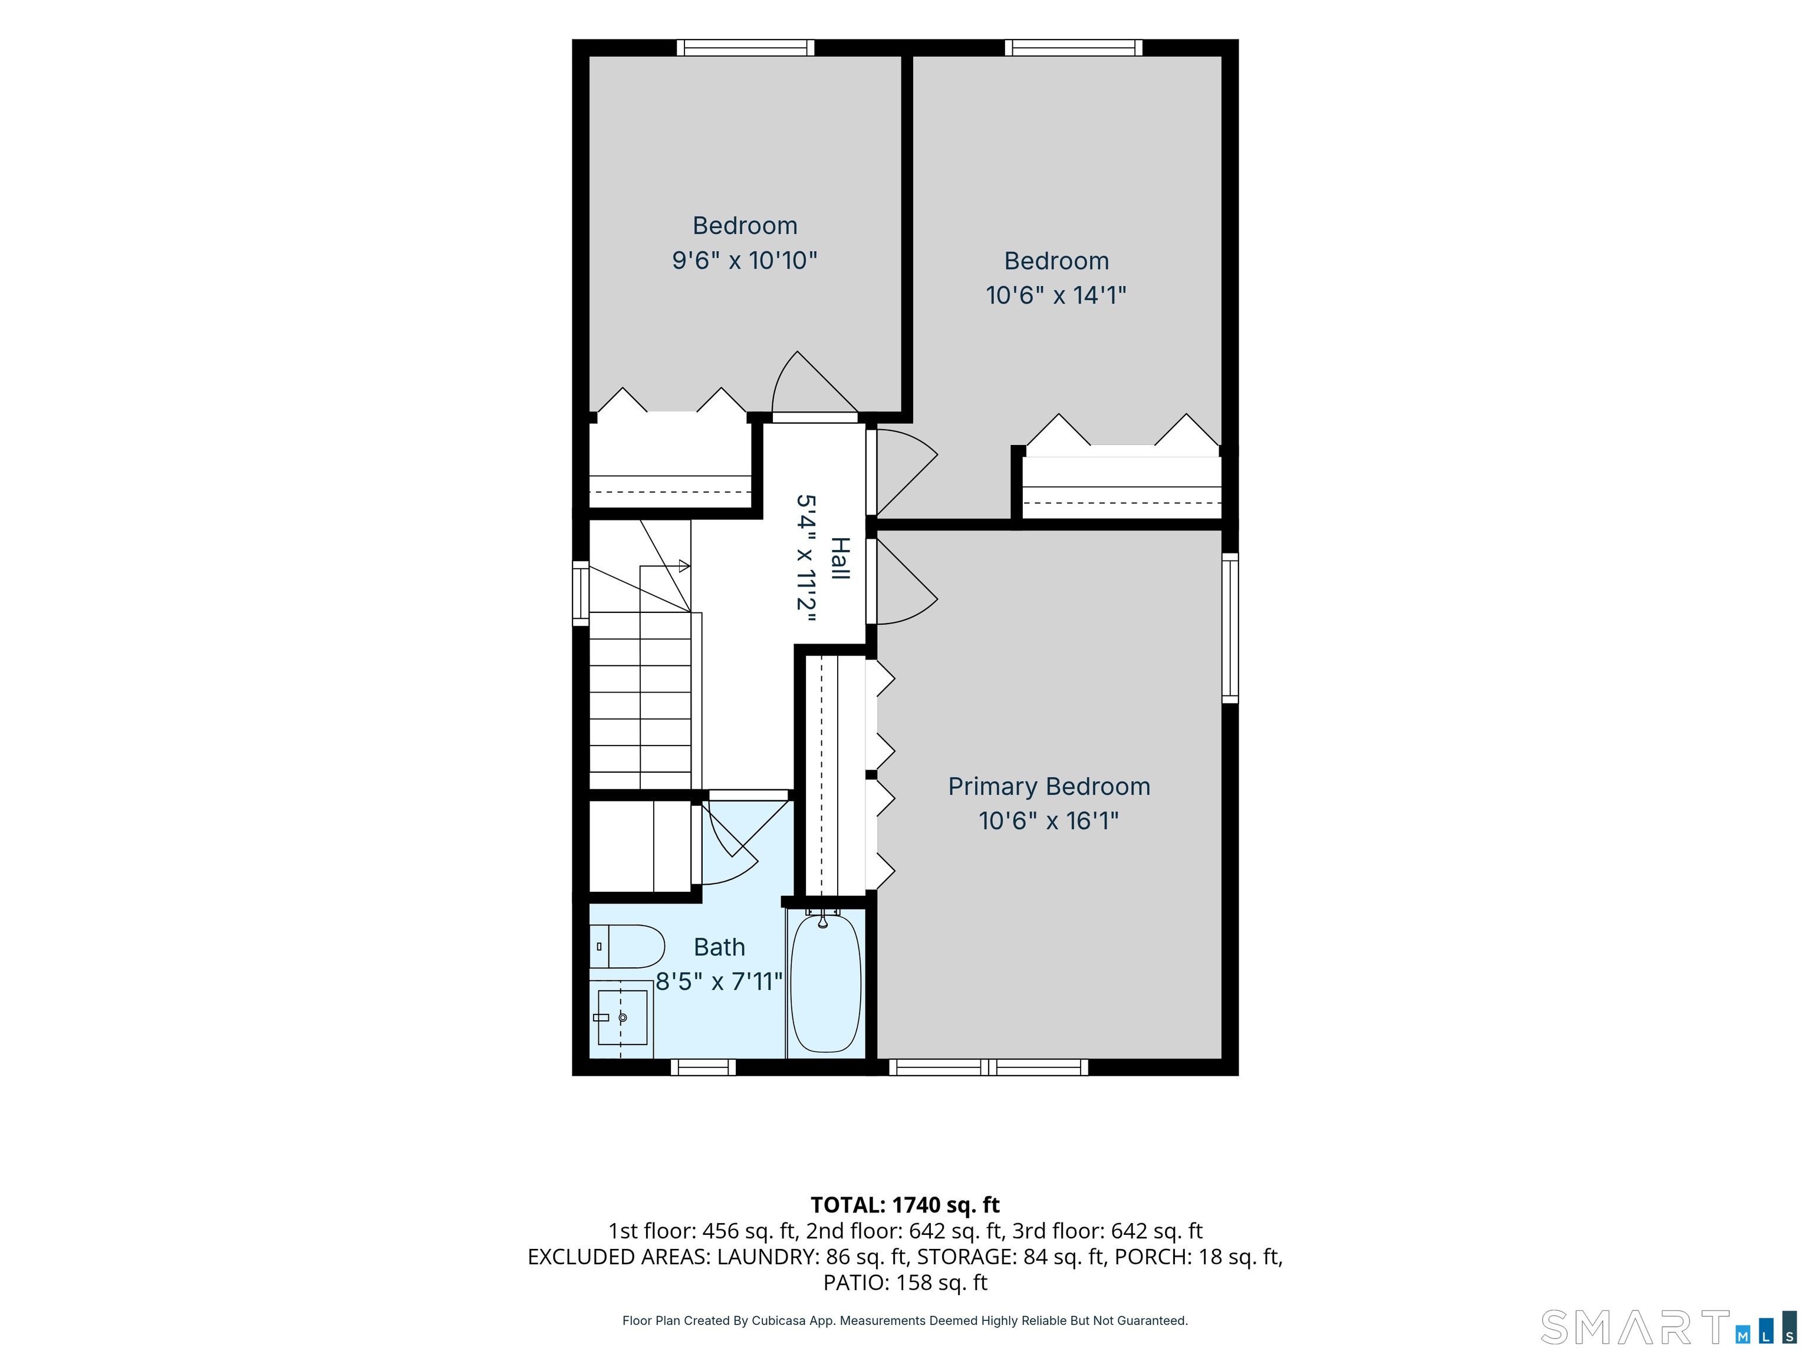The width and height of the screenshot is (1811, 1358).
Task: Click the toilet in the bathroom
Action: [x=626, y=946]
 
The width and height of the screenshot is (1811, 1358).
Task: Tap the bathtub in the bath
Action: [x=825, y=983]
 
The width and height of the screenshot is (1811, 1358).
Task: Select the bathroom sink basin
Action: [x=622, y=1017]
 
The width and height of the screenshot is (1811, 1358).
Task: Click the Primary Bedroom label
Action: [x=1049, y=787]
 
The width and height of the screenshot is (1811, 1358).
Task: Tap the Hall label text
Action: [x=839, y=558]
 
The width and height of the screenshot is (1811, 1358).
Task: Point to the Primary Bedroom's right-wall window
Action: [x=1230, y=628]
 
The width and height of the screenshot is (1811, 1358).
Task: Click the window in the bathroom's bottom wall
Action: [x=703, y=1067]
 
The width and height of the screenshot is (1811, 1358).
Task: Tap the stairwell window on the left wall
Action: [x=581, y=594]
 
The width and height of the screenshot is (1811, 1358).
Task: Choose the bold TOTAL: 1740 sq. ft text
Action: [x=905, y=1205]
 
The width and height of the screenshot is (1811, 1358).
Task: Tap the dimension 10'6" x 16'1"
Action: [x=1049, y=820]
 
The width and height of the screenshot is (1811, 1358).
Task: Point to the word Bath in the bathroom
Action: [x=720, y=947]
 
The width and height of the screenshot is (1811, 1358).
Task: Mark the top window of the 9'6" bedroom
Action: [x=746, y=48]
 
